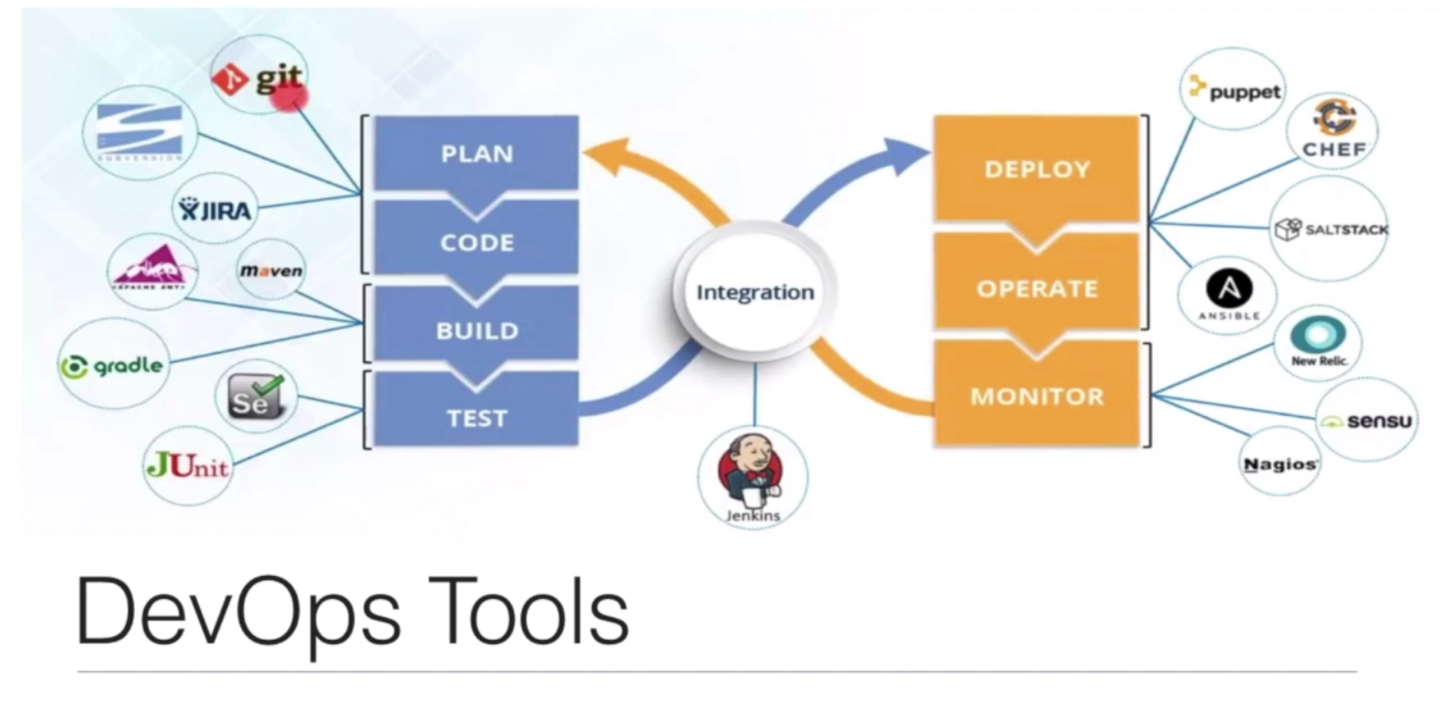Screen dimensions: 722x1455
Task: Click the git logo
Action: (x=258, y=80)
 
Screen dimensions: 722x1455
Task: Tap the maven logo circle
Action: (x=271, y=270)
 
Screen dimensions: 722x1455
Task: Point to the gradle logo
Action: (x=113, y=366)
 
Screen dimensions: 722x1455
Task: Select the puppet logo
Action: (x=1235, y=91)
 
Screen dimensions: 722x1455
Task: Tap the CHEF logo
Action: (x=1333, y=129)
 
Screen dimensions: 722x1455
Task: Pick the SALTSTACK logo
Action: (x=1330, y=229)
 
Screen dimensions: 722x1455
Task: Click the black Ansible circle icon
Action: (x=1229, y=289)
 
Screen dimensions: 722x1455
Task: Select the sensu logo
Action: (x=1366, y=422)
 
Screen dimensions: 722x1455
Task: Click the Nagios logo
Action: (x=1279, y=464)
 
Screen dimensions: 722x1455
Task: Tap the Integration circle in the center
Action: (x=754, y=293)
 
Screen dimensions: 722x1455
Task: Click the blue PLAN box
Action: (x=476, y=153)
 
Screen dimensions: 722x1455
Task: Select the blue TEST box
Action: (x=476, y=416)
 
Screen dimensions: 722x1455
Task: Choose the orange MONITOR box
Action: (x=1037, y=396)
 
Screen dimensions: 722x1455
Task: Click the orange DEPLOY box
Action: (x=1037, y=168)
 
